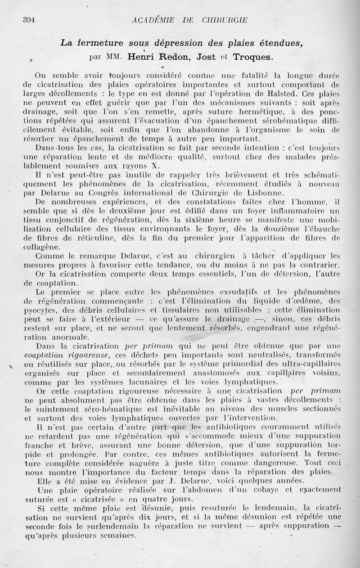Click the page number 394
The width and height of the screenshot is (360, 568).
[29, 19]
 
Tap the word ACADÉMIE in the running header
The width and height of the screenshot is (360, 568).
[155, 19]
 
